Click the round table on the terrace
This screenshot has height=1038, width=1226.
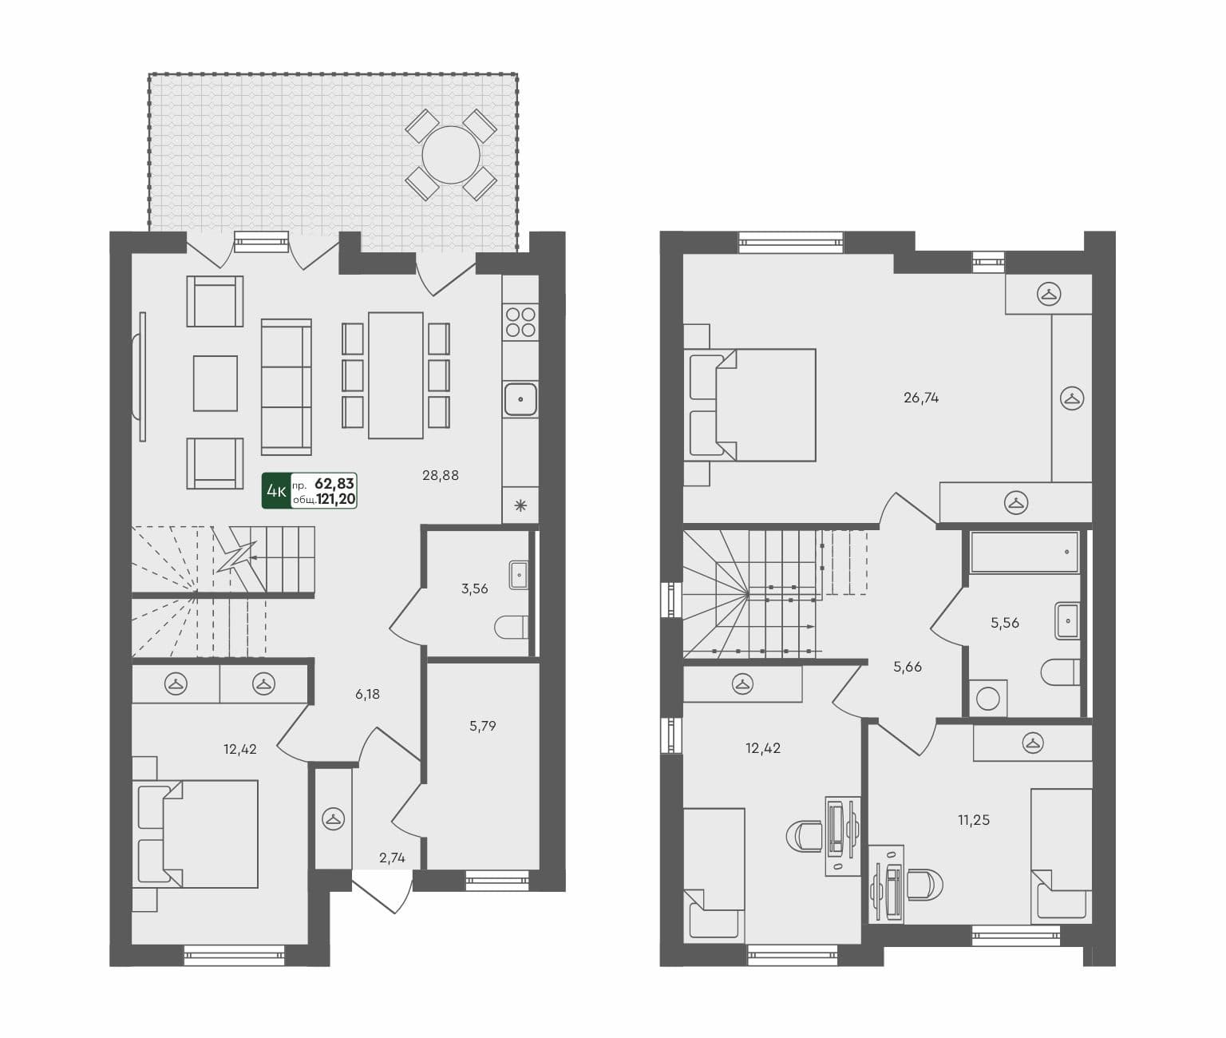pos(451,155)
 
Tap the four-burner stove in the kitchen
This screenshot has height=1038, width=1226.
pos(520,322)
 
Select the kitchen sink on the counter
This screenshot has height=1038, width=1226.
pos(520,398)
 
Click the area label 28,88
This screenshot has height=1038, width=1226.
pos(441,475)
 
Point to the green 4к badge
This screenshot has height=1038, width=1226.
pos(276,491)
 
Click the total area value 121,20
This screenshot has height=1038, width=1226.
pos(336,500)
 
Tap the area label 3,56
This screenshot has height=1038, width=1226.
pos(474,588)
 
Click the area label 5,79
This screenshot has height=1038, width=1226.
pos(483,726)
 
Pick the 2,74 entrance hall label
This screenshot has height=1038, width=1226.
pos(392,858)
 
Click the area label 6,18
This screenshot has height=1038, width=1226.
pos(368,694)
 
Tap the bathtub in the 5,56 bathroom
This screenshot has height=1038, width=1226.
pos(1024,552)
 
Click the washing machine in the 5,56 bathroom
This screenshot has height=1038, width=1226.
pos(988,699)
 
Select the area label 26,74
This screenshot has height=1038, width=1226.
pos(921,397)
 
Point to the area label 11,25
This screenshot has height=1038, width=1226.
pos(974,819)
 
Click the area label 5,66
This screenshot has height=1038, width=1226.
pos(908,666)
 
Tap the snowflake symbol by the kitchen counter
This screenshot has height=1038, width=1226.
pos(520,505)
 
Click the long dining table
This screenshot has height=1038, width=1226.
pos(396,375)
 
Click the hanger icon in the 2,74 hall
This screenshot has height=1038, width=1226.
pos(333,818)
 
